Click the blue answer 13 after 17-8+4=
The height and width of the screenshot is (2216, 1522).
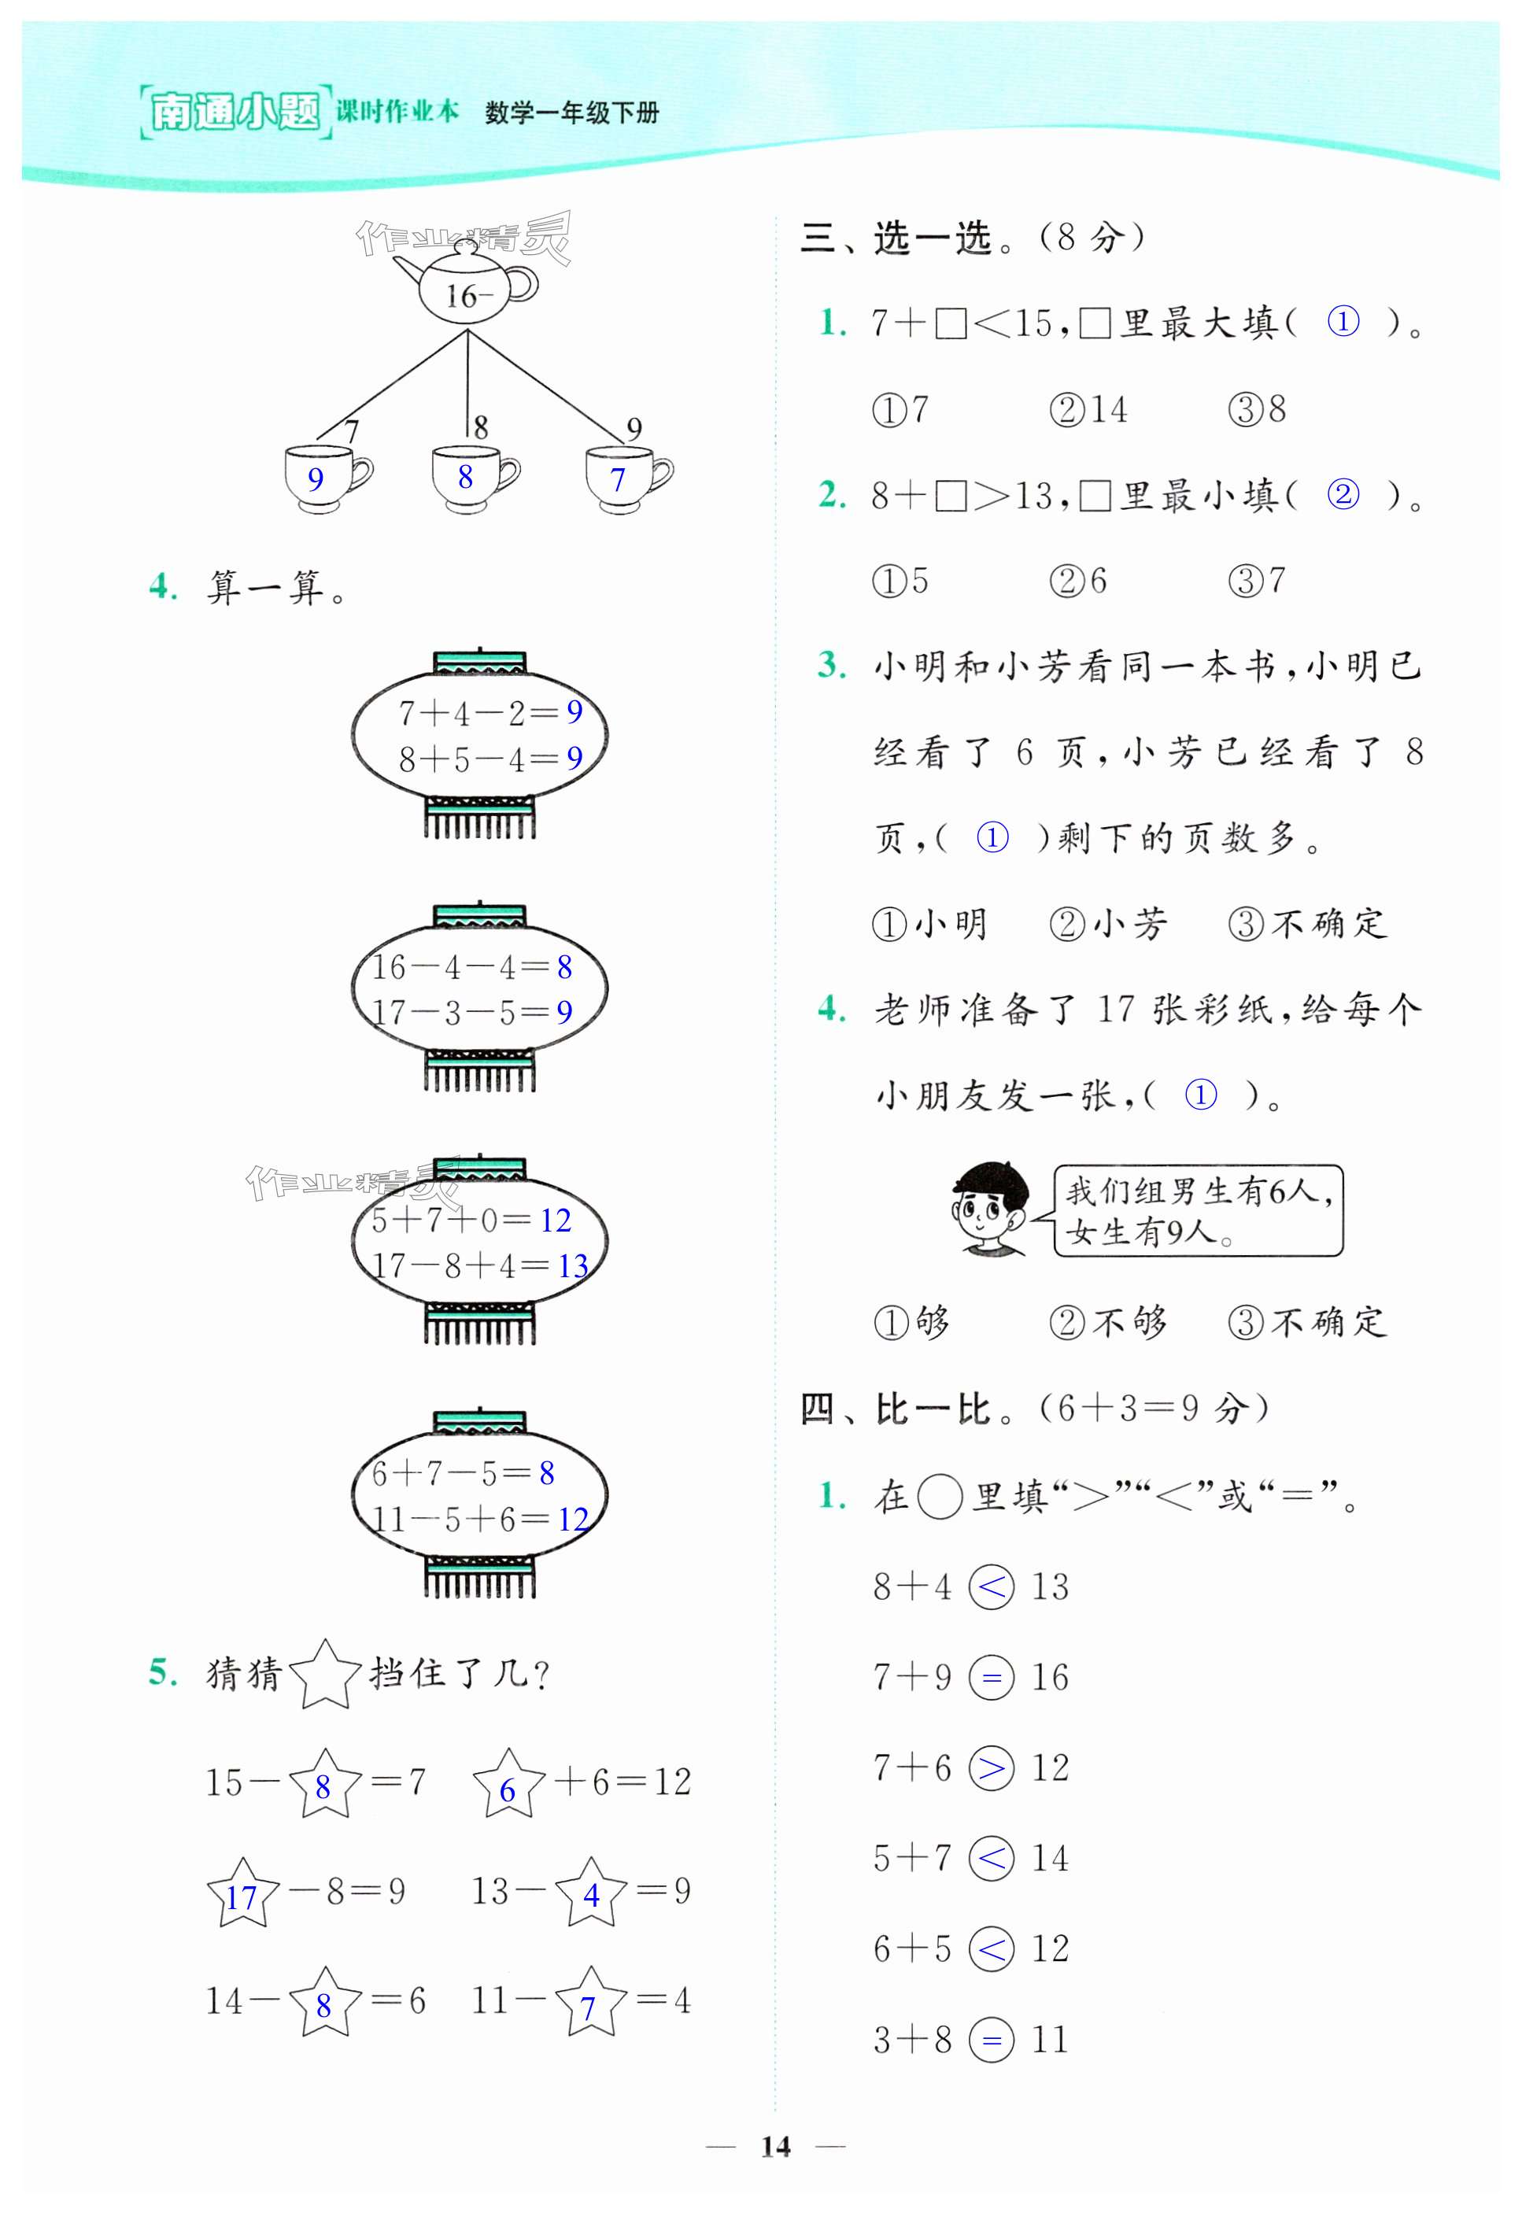[572, 1266]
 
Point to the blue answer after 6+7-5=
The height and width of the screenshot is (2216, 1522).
[546, 1473]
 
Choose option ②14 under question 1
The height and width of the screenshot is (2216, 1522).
[1088, 410]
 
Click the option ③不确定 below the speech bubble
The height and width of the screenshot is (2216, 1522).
[1306, 1324]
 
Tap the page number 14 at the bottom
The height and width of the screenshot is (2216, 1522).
[775, 2145]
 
